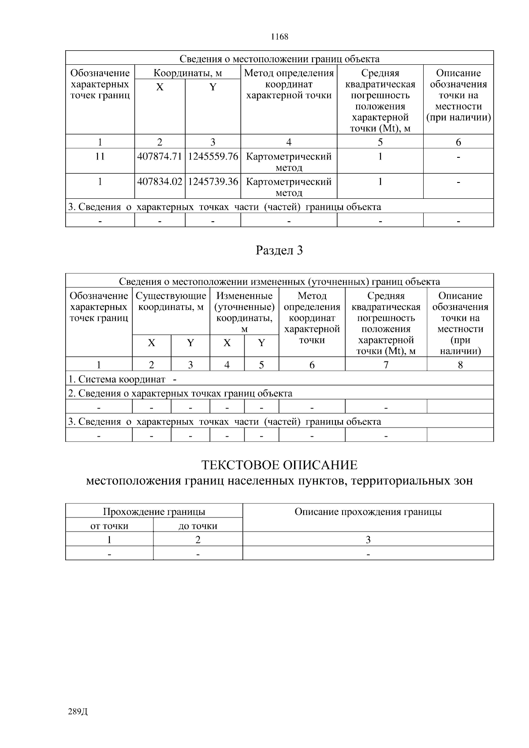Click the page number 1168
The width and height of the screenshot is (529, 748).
click(279, 37)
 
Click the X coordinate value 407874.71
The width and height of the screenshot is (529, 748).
click(160, 156)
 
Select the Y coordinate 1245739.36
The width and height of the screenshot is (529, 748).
click(213, 182)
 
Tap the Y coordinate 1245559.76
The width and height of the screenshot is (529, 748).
click(213, 156)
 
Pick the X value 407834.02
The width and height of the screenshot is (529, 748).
click(160, 182)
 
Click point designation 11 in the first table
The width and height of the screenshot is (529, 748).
click(100, 156)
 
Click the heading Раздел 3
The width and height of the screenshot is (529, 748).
click(279, 251)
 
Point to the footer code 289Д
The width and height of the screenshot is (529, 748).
click(78, 712)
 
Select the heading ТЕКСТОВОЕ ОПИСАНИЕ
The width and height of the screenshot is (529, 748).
click(279, 465)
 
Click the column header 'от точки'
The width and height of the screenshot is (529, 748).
click(109, 526)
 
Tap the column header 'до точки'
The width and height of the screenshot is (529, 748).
click(198, 526)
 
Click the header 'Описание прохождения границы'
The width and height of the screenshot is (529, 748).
click(368, 512)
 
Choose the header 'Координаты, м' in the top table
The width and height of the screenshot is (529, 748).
click(187, 73)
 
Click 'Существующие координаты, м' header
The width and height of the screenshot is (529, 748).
click(171, 301)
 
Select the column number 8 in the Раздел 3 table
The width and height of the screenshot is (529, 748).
click(460, 365)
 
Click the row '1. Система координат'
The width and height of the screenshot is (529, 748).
click(117, 379)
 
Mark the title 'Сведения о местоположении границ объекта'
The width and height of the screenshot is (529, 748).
click(279, 59)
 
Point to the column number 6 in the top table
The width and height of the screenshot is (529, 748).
click(458, 142)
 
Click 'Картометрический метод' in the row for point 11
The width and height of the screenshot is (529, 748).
click(289, 162)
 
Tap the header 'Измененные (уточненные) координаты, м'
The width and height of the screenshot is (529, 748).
click(245, 312)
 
